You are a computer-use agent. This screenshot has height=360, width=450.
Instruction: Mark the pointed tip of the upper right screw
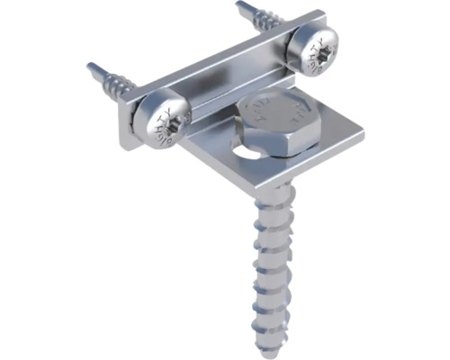coord(238,5)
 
